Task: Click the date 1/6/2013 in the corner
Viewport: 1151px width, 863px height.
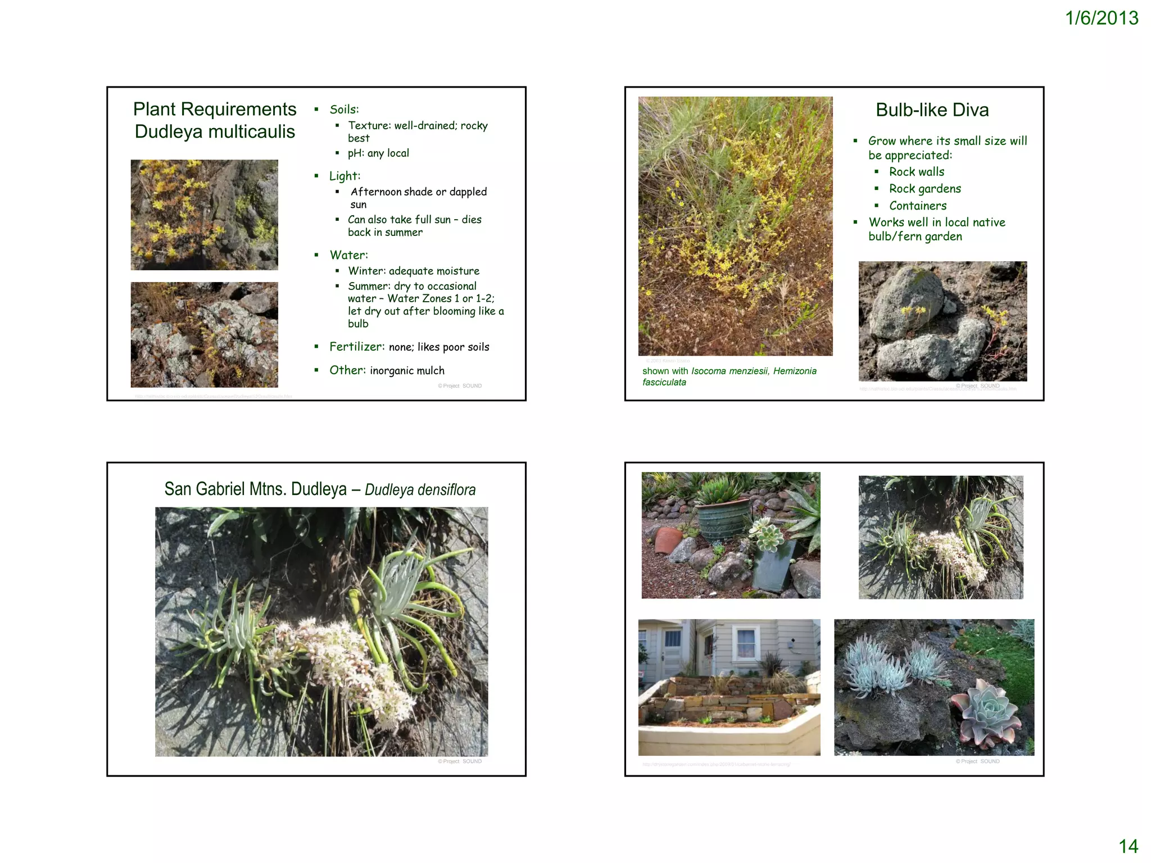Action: click(1101, 19)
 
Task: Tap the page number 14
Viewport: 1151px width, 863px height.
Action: click(1128, 846)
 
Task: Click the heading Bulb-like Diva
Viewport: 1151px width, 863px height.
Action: click(932, 110)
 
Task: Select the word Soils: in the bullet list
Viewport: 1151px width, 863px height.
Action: click(344, 110)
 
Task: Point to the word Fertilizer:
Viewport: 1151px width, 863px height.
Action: click(357, 347)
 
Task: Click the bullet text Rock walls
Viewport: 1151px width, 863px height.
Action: click(916, 172)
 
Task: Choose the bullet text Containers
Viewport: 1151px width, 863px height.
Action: click(917, 206)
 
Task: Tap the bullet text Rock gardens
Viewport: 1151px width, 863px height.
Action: click(925, 189)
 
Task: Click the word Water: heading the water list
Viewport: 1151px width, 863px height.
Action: click(348, 255)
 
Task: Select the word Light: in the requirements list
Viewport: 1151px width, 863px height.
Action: click(345, 176)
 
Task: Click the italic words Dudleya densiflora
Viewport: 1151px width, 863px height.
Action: click(420, 490)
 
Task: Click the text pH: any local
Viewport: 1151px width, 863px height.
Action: click(378, 153)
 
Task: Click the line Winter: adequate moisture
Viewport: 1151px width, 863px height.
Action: click(413, 271)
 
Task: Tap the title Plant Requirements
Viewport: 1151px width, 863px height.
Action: click(215, 109)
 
